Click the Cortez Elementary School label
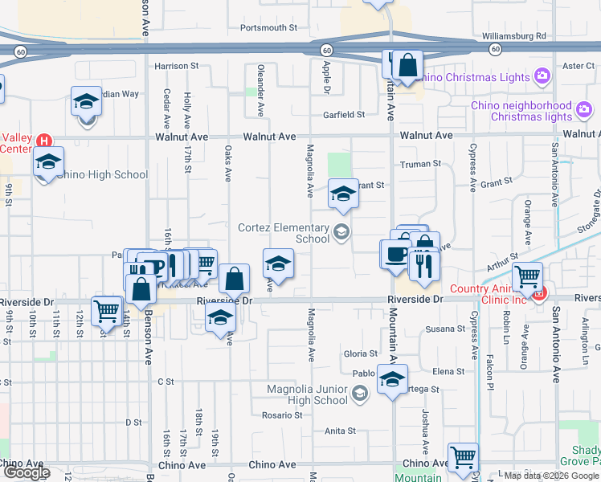click(x=284, y=233)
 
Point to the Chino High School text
click(x=102, y=174)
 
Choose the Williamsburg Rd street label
click(x=513, y=36)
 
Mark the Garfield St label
click(x=344, y=115)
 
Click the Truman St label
click(x=421, y=163)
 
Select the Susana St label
click(x=445, y=329)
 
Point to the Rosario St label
click(x=282, y=415)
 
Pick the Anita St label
click(x=340, y=431)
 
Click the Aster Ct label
click(x=578, y=66)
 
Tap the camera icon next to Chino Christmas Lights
click(x=542, y=77)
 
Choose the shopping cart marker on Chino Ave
click(x=463, y=458)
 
